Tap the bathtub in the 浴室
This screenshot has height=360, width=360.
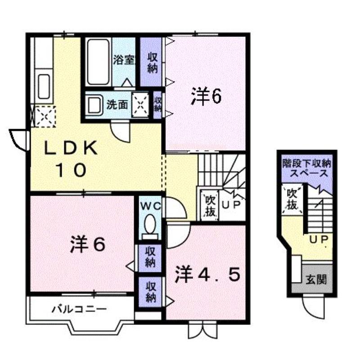(98, 62)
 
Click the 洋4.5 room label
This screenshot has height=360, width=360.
(207, 274)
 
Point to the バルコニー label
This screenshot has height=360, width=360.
(79, 309)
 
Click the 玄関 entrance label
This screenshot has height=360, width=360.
(316, 279)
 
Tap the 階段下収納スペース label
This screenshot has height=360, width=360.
(307, 168)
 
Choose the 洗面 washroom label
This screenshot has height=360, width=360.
(117, 105)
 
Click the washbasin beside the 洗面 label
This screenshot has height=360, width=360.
(94, 105)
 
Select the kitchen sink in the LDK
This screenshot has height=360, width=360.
(44, 86)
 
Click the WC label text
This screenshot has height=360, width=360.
(151, 206)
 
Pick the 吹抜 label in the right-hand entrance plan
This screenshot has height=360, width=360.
(292, 199)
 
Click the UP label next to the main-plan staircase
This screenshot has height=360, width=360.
(231, 205)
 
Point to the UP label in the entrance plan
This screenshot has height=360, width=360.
(319, 240)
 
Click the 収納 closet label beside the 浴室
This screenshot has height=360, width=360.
(153, 63)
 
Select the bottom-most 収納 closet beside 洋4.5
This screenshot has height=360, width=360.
(151, 292)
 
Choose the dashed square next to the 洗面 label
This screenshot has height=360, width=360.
(140, 105)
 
